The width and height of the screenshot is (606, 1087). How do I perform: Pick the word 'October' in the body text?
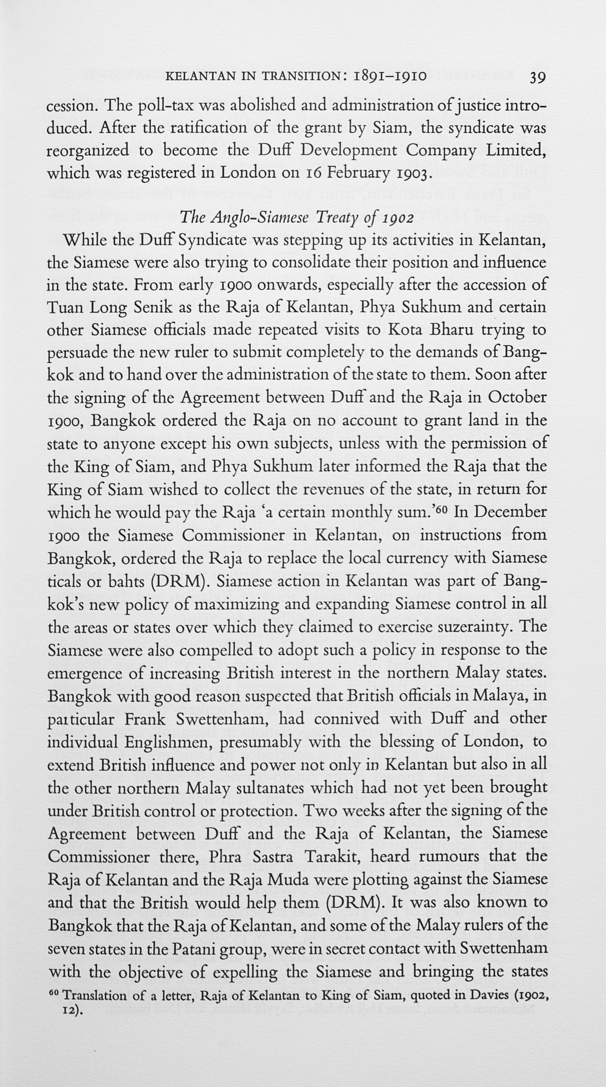coord(517,397)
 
